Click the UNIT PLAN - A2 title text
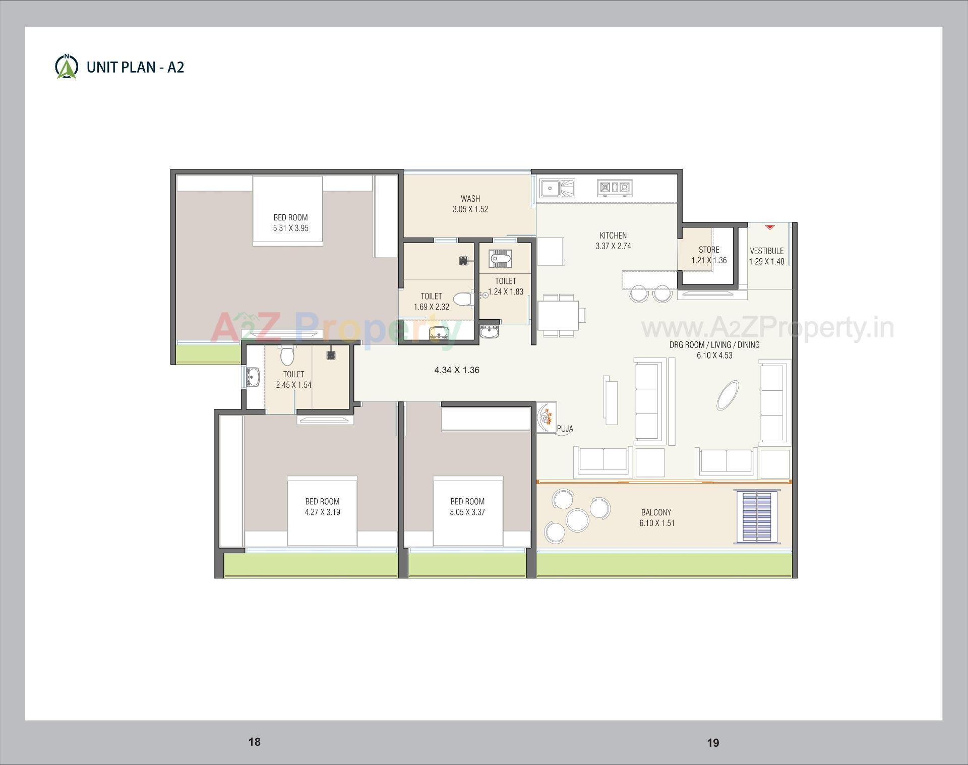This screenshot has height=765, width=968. [x=135, y=67]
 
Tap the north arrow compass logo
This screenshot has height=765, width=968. [x=66, y=67]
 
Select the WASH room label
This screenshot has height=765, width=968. [x=470, y=204]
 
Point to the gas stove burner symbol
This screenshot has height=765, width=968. [x=615, y=188]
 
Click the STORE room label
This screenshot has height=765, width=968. [x=708, y=255]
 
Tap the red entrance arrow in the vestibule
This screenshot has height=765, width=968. [x=769, y=227]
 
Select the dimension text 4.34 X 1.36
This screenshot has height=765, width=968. [x=457, y=370]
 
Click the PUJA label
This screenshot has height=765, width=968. [x=565, y=429]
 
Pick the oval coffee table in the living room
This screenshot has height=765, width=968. [x=728, y=395]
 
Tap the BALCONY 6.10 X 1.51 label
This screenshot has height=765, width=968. [x=656, y=517]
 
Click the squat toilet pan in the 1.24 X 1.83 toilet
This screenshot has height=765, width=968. [x=500, y=259]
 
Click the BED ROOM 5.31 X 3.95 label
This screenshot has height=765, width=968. [x=290, y=222]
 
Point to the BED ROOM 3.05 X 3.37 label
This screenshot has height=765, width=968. [x=467, y=506]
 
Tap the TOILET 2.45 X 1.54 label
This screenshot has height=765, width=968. [x=293, y=379]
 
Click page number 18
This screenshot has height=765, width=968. [x=254, y=741]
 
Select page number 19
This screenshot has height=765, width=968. [x=712, y=742]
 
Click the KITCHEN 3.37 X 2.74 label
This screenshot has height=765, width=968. [x=613, y=241]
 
